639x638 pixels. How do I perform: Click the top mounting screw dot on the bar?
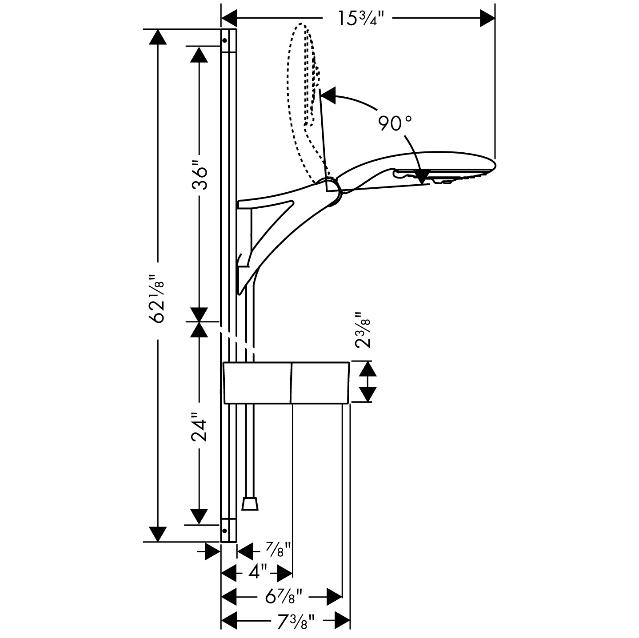point(224,40)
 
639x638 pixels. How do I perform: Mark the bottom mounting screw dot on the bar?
point(224,530)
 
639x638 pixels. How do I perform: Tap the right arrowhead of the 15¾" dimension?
point(487,19)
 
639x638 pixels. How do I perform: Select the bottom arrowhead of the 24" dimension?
point(199,516)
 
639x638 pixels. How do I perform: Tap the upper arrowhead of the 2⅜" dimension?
point(367,369)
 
